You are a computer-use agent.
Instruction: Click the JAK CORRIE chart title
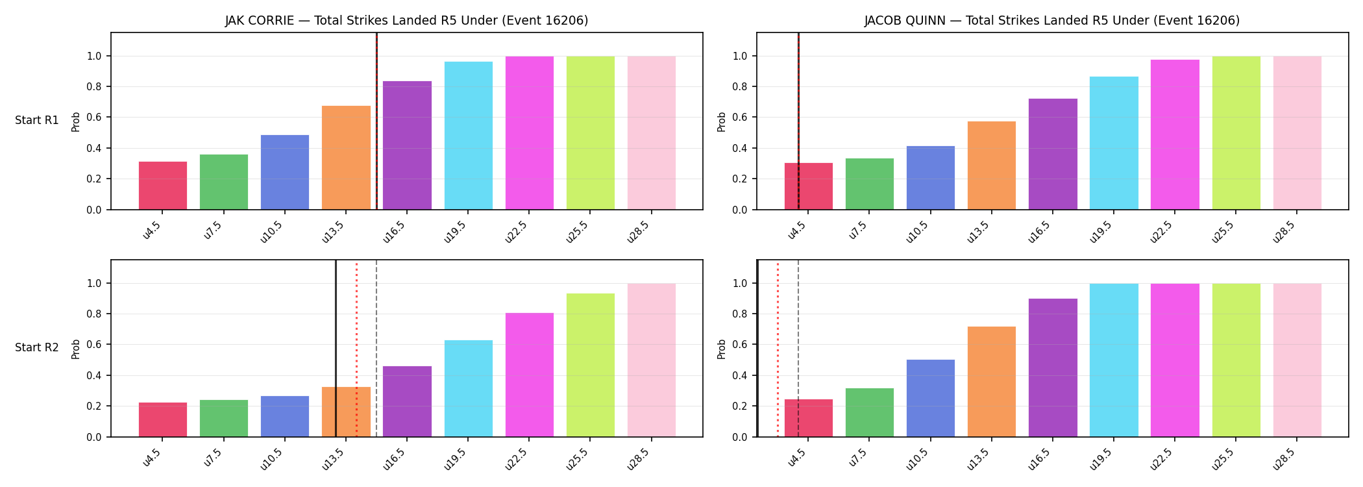[x=406, y=20]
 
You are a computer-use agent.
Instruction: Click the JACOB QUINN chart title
[x=1051, y=20]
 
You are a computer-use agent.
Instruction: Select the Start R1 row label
[x=37, y=120]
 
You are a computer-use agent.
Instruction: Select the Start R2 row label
[x=37, y=347]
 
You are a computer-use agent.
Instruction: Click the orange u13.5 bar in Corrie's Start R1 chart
[x=346, y=158]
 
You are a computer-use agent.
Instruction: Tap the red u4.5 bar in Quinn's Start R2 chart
[x=809, y=418]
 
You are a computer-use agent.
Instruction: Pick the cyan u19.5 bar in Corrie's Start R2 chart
[x=469, y=388]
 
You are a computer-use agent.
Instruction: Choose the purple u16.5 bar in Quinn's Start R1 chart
[x=1053, y=154]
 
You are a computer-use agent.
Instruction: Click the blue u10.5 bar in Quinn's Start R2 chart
[x=931, y=398]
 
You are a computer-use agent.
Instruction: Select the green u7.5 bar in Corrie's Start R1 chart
[x=224, y=182]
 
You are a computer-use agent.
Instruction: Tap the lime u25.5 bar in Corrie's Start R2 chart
[x=591, y=365]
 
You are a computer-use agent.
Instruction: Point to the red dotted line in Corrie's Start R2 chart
[x=356, y=349]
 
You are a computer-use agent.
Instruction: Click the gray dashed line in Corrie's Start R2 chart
[x=376, y=349]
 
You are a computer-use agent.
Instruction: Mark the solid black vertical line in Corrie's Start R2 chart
[x=336, y=349]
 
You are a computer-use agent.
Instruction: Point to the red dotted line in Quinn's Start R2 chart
[x=778, y=349]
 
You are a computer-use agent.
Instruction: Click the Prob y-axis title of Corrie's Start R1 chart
[x=76, y=121]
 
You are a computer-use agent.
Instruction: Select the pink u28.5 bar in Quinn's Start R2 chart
[x=1297, y=360]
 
